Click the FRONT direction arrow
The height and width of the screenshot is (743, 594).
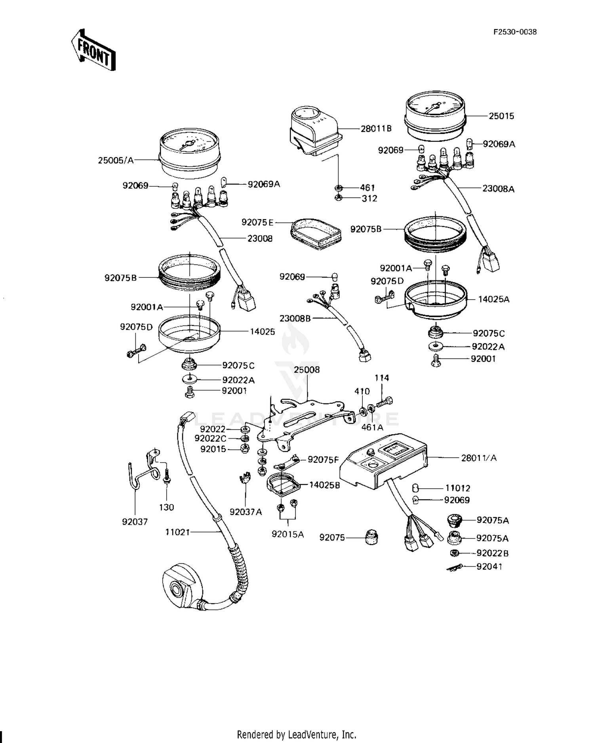[x=93, y=50]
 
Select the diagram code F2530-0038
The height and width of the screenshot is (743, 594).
[x=515, y=32]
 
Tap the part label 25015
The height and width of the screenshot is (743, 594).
[x=501, y=116]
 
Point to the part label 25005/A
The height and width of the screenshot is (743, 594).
[x=116, y=160]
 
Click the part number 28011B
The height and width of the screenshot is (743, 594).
[x=376, y=128]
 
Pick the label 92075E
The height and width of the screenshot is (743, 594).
[x=257, y=223]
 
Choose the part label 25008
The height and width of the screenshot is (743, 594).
[x=307, y=370]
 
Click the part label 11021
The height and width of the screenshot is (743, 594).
[x=177, y=532]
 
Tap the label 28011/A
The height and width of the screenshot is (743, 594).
[x=478, y=458]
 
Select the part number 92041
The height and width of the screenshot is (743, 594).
[x=489, y=567]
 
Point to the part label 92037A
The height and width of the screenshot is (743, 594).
[x=246, y=512]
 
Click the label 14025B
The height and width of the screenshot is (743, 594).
[x=324, y=485]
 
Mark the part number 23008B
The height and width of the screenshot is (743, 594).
[x=295, y=318]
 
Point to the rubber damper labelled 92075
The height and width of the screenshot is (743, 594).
[x=371, y=537]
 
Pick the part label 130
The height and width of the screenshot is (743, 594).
[x=166, y=507]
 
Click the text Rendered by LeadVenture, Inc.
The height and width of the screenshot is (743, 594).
[x=297, y=734]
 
